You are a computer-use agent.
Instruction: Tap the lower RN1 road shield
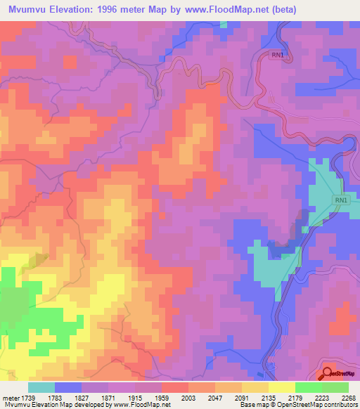click(341, 201)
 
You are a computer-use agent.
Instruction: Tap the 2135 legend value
click(266, 397)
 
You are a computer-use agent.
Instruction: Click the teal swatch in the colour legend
click(41, 387)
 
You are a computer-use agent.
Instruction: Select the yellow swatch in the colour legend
click(281, 387)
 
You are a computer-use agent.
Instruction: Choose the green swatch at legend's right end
click(335, 387)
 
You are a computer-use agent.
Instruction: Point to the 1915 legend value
click(148, 397)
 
